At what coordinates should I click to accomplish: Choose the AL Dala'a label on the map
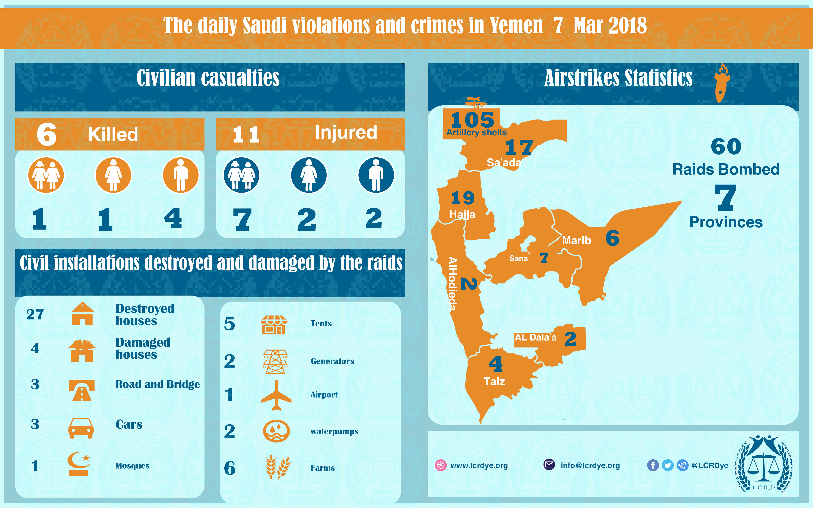(x=535, y=337)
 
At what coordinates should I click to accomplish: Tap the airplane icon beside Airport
(x=276, y=396)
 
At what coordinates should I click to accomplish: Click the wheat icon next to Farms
(x=278, y=466)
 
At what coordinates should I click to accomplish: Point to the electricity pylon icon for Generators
(x=275, y=362)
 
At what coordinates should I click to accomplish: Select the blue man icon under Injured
(x=376, y=175)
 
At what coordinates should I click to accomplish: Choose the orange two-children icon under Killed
(x=46, y=175)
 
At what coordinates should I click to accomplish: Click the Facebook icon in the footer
(x=653, y=465)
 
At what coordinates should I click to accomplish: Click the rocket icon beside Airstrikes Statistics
(x=722, y=84)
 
